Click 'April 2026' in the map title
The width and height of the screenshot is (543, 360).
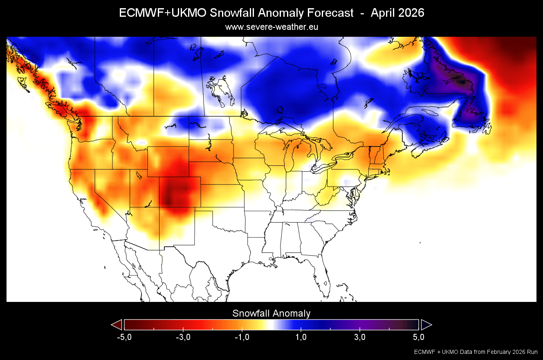point(397,13)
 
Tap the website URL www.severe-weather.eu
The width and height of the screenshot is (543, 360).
point(271,27)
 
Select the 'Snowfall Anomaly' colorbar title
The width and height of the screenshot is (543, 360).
point(271,313)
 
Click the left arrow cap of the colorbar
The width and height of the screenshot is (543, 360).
point(117,324)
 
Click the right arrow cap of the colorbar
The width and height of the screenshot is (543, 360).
point(426,324)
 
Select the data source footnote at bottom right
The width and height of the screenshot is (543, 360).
point(476,352)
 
